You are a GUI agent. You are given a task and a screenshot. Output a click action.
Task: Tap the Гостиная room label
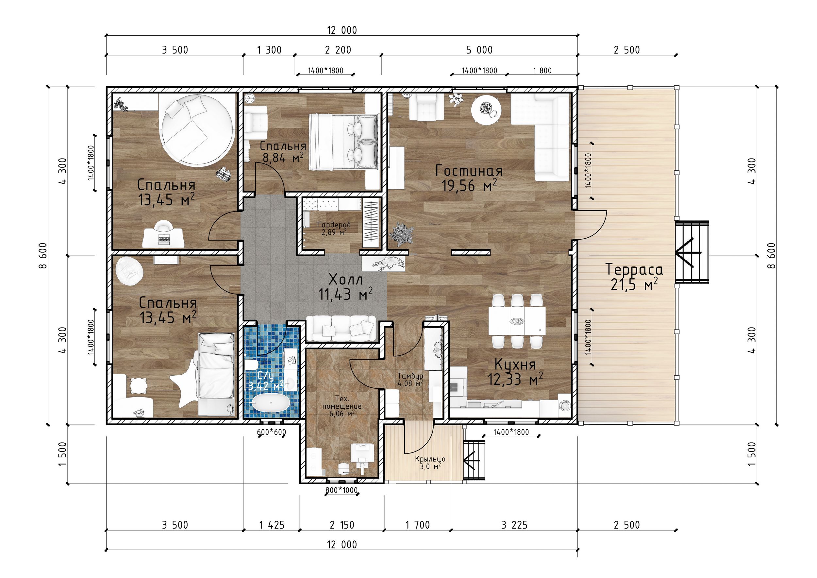click(x=469, y=171)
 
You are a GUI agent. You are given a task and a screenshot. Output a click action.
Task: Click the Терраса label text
click(x=634, y=269)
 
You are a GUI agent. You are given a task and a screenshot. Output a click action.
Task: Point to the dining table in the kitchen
click(x=517, y=321)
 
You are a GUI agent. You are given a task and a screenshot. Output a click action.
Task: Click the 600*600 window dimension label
click(x=271, y=433)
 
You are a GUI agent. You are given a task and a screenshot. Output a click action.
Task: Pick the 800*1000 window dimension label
click(x=341, y=490)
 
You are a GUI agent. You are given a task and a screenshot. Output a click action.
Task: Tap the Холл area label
click(x=345, y=280)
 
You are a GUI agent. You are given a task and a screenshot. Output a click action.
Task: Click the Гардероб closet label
click(x=334, y=225)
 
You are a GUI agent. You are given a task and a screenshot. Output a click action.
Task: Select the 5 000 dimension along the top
click(x=479, y=50)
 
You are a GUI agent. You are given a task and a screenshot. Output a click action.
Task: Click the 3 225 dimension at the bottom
click(x=514, y=525)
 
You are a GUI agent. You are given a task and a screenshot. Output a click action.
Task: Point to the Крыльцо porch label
click(x=430, y=459)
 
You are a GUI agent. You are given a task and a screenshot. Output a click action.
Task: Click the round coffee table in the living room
click(x=486, y=110)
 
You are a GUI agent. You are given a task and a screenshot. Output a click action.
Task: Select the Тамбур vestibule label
click(x=410, y=376)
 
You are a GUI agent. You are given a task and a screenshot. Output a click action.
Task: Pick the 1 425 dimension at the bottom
click(x=272, y=525)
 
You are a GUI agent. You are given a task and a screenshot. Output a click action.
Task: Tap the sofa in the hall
click(x=341, y=329)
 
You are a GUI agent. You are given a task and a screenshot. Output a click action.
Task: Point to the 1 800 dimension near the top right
click(x=542, y=71)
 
